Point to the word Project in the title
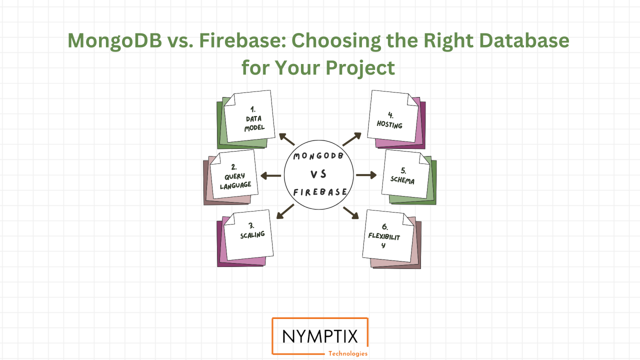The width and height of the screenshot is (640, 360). (x=360, y=67)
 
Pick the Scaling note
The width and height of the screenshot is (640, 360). (x=248, y=235)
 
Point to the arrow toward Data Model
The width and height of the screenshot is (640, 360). (x=286, y=139)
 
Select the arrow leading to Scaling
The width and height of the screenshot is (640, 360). (x=284, y=212)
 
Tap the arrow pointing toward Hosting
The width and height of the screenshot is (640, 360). (x=352, y=139)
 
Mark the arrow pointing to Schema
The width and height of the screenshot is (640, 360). (x=366, y=175)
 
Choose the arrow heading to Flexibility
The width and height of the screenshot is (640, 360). (x=351, y=212)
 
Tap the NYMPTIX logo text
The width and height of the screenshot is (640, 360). (x=320, y=336)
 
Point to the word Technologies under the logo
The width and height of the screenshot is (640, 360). (x=347, y=353)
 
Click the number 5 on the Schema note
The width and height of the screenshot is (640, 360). (x=403, y=170)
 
